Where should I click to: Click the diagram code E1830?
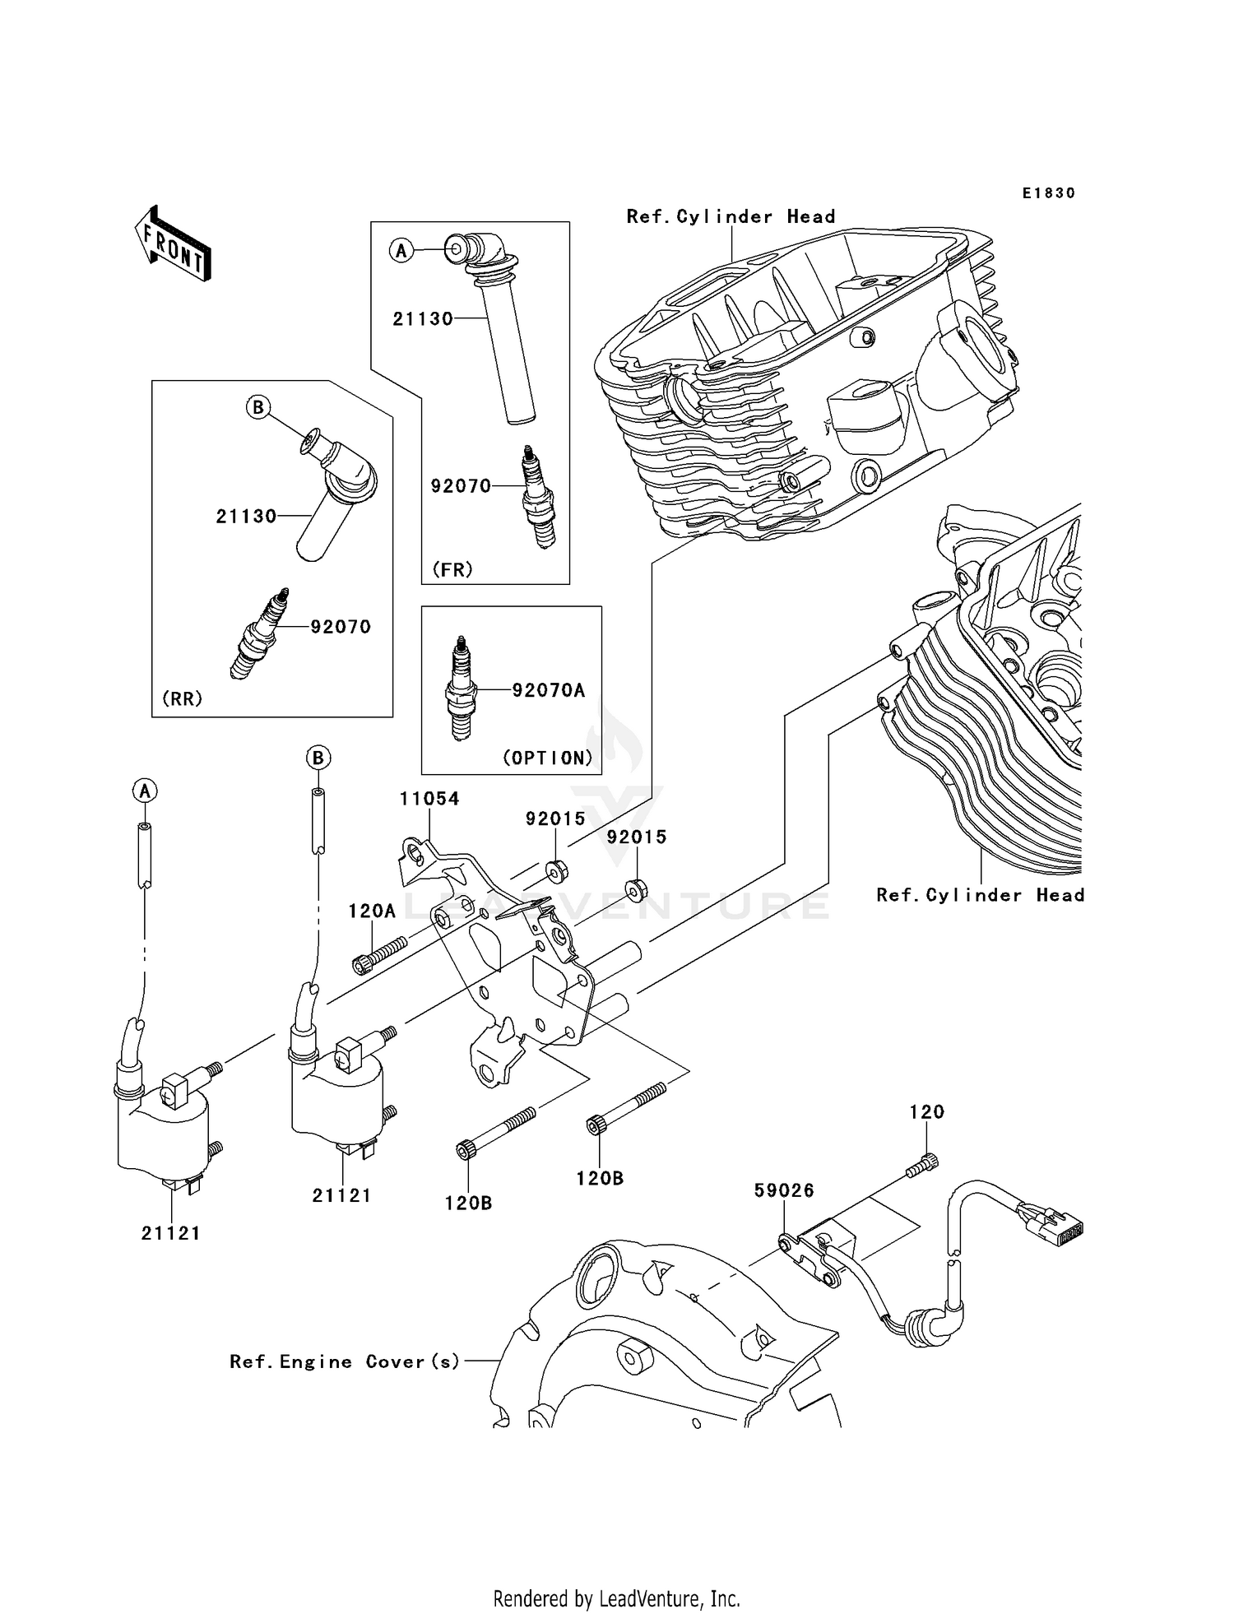point(1048,193)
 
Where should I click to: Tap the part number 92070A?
point(548,690)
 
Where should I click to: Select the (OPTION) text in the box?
point(547,758)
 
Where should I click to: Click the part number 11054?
point(429,799)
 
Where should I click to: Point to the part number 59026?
point(784,1190)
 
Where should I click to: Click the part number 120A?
point(372,911)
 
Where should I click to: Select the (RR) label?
point(182,698)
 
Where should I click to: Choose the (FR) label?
point(452,569)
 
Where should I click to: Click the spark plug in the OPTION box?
point(461,689)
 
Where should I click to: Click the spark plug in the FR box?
point(539,497)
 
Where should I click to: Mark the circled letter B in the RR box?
point(258,407)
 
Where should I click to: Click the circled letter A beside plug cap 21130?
point(401,250)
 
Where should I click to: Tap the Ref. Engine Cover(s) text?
point(345,1361)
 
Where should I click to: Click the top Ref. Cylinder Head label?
point(731,216)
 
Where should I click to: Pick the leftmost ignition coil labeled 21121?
point(163,1127)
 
